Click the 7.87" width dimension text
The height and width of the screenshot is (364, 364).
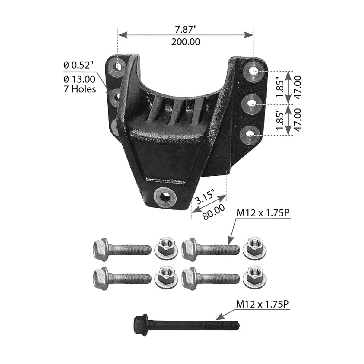pos(186,29)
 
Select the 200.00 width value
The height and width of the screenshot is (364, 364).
pos(186,42)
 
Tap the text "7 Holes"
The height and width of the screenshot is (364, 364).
pos(80,89)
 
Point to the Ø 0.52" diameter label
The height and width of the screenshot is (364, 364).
pos(79,64)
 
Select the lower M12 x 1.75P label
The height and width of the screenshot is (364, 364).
pos(263,305)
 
